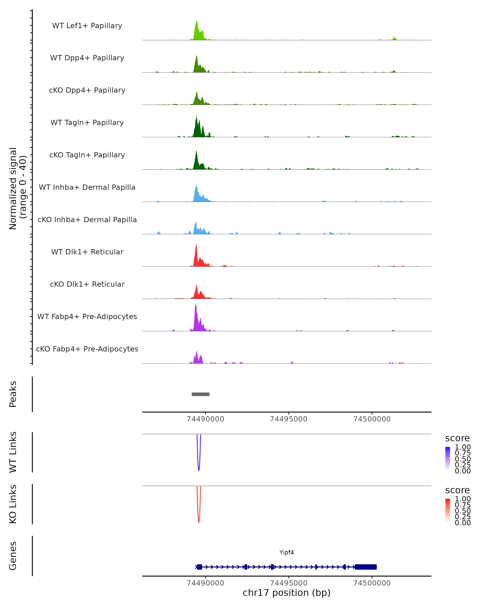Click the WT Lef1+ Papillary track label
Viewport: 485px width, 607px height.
[x=87, y=26]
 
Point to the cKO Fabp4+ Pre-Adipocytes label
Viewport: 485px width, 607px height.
[x=87, y=349]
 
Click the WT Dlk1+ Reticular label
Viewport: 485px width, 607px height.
[x=87, y=252]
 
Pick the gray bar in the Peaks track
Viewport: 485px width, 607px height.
[x=200, y=394]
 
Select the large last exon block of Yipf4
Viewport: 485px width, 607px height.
[x=366, y=567]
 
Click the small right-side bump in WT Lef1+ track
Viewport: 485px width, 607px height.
[x=394, y=38]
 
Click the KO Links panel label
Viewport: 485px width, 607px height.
[x=13, y=504]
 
